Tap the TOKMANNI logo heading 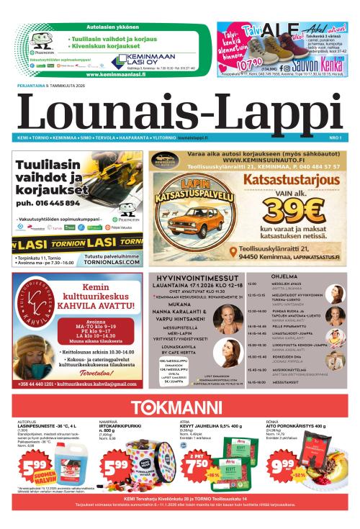tap(179, 405)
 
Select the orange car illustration tap(194, 221)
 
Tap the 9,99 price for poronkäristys tap(283, 466)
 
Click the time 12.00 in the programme tap(253, 284)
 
